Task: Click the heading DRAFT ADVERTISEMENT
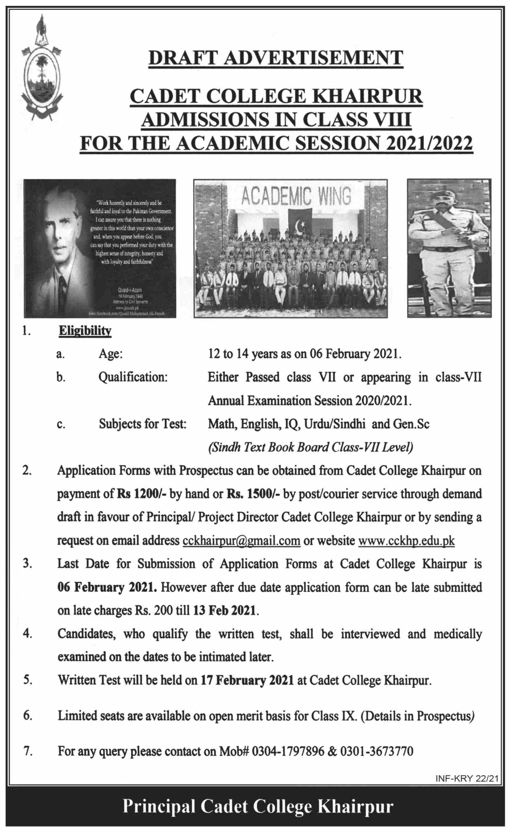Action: tap(276, 58)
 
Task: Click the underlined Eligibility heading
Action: tap(85, 331)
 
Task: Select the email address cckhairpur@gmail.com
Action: tap(241, 541)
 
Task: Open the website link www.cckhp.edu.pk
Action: tap(406, 541)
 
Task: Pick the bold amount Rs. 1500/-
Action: tap(253, 494)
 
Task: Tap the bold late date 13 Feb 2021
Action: tap(224, 611)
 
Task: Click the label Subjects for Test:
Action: tap(142, 424)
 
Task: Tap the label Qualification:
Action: tap(133, 377)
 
